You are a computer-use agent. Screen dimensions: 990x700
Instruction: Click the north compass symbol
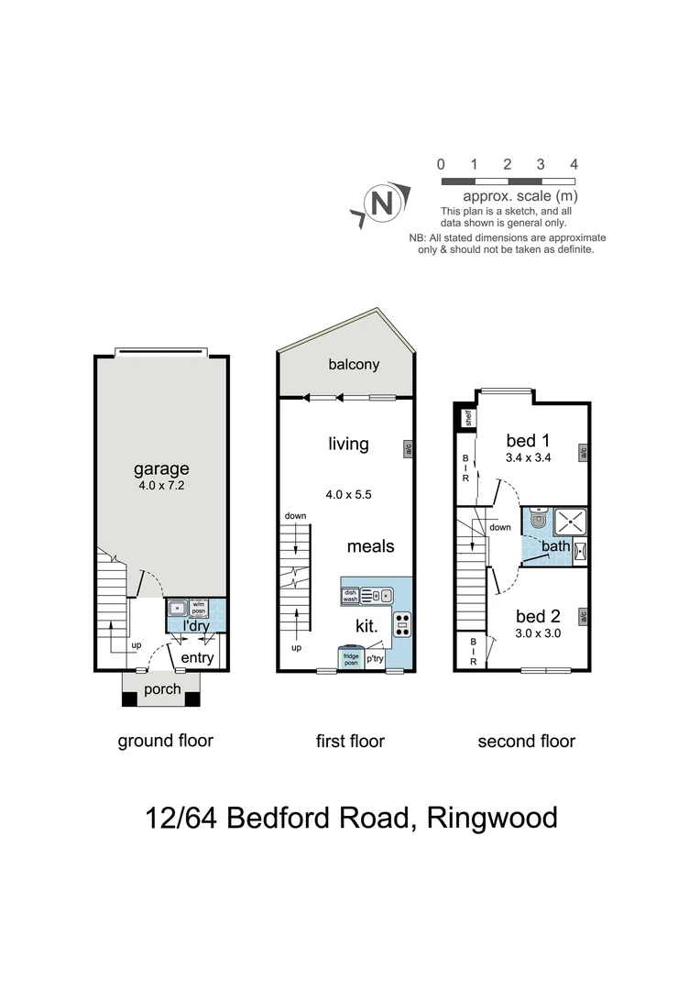[378, 203]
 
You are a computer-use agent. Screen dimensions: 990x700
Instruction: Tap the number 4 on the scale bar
[574, 165]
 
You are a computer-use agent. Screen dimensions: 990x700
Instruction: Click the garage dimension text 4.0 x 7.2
[161, 489]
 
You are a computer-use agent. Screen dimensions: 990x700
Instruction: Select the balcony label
[354, 365]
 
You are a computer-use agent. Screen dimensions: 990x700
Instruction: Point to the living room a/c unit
[407, 449]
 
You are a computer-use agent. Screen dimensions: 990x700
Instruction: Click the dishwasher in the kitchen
[350, 595]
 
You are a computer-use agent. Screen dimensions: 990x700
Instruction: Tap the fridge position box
[350, 659]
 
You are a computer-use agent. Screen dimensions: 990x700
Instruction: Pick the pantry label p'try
[376, 659]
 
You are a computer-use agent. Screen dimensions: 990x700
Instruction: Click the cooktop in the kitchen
[401, 624]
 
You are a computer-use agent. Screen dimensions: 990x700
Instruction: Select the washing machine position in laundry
[199, 607]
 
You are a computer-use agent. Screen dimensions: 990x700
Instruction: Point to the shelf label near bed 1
[466, 420]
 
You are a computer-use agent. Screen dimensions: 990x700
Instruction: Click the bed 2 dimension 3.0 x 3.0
[538, 632]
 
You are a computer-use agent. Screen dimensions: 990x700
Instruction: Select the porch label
[161, 688]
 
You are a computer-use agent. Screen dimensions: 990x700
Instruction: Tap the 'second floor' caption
[526, 741]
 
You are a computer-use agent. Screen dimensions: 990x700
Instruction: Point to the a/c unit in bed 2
[582, 616]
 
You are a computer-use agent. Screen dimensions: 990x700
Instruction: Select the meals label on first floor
[370, 546]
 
